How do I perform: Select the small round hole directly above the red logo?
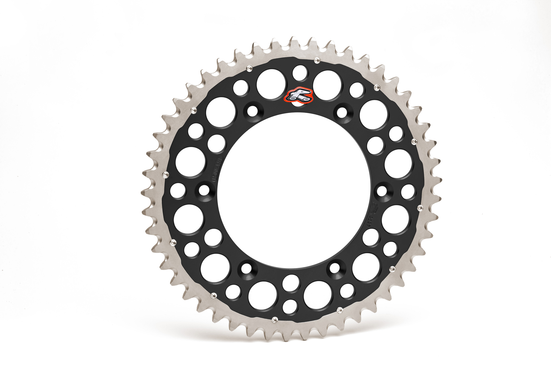[299, 73]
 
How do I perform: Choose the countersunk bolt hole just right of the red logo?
[342, 111]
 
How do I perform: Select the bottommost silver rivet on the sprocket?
[274, 319]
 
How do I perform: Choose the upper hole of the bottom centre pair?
[291, 282]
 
